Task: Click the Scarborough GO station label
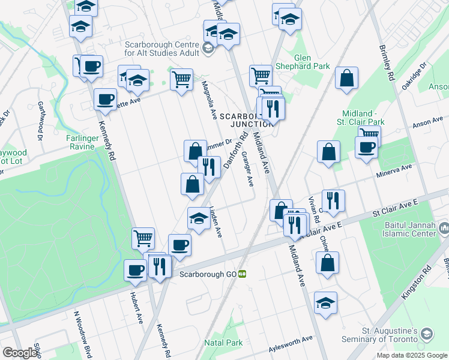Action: (208, 274)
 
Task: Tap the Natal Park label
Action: (223, 343)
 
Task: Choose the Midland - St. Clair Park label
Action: (366, 119)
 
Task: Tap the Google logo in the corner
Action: (20, 353)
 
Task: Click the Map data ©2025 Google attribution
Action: (412, 355)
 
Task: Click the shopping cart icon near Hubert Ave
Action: (143, 239)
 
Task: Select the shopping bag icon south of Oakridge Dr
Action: (347, 79)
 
